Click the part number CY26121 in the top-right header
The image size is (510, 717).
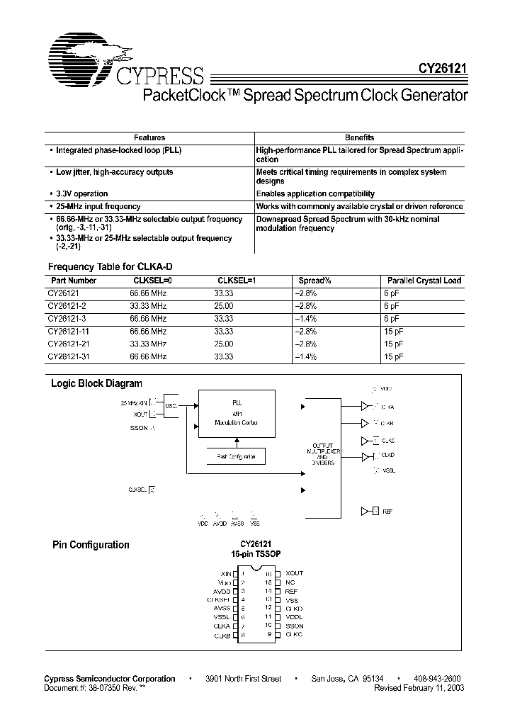pos(440,72)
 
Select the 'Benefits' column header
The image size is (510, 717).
pos(359,137)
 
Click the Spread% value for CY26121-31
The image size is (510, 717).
pos(305,356)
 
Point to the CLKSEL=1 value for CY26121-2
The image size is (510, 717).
pos(224,305)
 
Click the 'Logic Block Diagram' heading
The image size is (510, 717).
pos(96,383)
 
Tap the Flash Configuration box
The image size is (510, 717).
pos(236,457)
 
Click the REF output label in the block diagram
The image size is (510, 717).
pos(387,510)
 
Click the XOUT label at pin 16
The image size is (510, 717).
pos(294,573)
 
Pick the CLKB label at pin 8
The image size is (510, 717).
pos(222,636)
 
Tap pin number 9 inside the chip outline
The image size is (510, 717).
pos(270,636)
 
